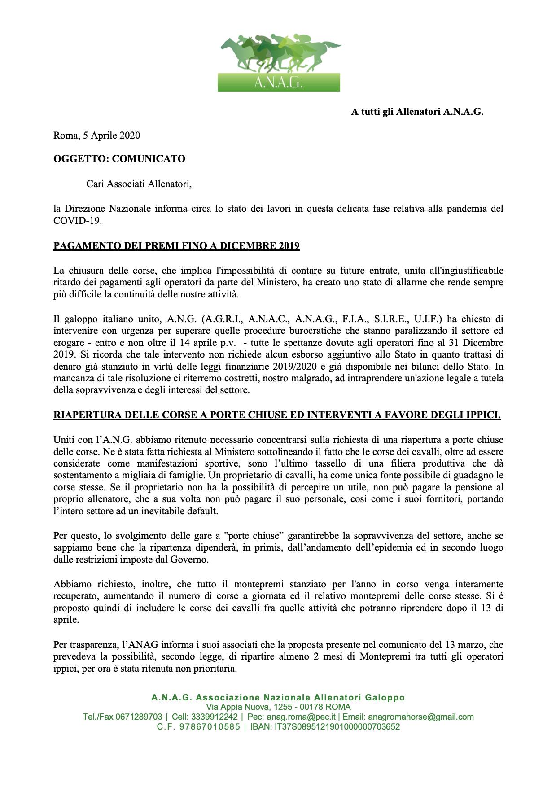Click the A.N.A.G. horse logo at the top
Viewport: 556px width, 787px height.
click(279, 63)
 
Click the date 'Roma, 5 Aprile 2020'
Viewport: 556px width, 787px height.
click(96, 135)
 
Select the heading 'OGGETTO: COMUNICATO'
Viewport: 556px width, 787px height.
click(119, 159)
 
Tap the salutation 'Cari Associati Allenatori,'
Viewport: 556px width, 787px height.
click(139, 184)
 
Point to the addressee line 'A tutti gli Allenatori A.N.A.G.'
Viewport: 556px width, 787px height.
click(417, 112)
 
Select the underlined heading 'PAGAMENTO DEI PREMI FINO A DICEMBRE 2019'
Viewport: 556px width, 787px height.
click(176, 246)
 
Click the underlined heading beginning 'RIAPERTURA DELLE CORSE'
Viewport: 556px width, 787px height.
click(277, 415)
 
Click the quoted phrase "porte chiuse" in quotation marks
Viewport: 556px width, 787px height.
click(257, 536)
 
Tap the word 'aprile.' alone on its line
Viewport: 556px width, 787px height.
click(66, 620)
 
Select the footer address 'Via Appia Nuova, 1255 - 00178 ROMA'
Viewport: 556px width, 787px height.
click(278, 707)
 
